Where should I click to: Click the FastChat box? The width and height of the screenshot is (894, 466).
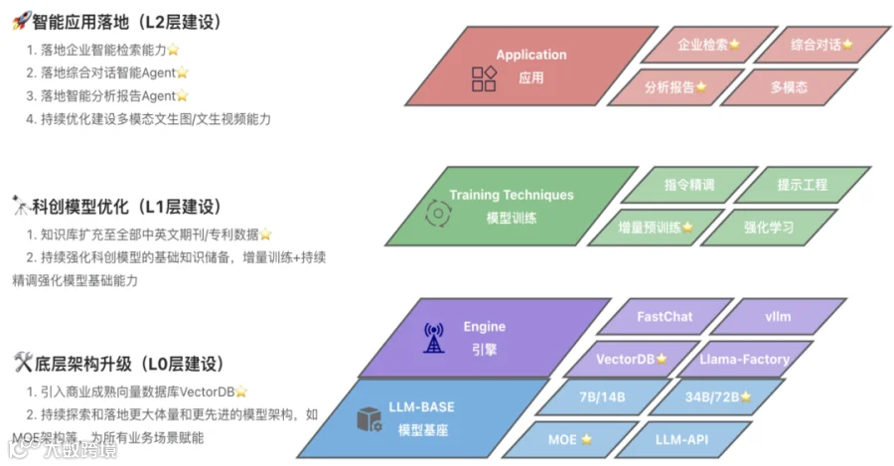coord(665,317)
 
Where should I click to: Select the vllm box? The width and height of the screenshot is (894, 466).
coord(778,317)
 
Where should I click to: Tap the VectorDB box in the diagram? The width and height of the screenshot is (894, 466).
coord(632,359)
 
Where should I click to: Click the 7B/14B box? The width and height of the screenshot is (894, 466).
coord(602,397)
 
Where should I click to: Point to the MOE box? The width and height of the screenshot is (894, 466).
coord(569,438)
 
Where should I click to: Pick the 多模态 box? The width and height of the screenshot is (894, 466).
coord(789,86)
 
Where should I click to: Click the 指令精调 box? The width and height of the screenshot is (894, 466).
coord(689,185)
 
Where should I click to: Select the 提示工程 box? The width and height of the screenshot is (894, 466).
coord(803,185)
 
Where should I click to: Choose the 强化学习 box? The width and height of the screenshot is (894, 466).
coord(769,227)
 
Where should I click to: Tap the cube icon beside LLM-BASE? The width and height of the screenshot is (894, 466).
coord(370,419)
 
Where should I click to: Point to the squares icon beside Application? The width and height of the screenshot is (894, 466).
coord(484,78)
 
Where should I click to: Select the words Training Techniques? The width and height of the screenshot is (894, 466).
coord(511,196)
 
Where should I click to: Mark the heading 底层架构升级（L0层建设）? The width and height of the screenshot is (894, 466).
coord(130,364)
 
